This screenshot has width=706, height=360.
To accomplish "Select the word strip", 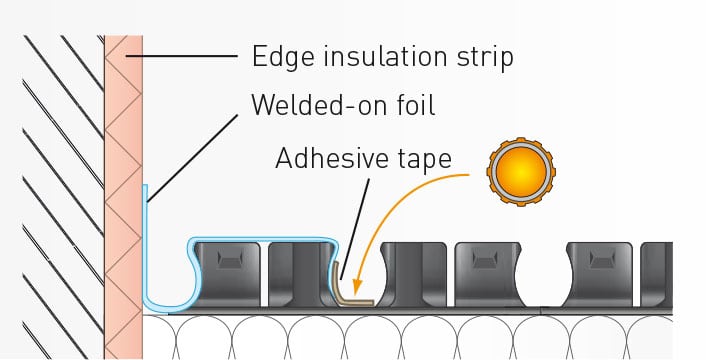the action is pos(485,58).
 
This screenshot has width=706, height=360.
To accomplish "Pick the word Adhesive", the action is pos(332,158).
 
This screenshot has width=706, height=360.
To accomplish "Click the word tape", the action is pos(425,160).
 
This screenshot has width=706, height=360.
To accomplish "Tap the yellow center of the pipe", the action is pos(521,172).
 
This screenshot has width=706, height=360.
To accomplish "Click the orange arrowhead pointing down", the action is pos(357,287).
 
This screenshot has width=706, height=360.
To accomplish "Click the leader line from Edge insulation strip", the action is pos(181,56).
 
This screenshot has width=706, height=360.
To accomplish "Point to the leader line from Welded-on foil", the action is pos(193,158).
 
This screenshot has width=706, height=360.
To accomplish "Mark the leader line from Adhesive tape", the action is pos(355,229).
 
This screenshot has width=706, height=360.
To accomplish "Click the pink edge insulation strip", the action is pos(123,197).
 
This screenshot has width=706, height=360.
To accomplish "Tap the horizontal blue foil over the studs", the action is pos(263,239).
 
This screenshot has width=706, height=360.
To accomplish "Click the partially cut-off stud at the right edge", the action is pos(656,275).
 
